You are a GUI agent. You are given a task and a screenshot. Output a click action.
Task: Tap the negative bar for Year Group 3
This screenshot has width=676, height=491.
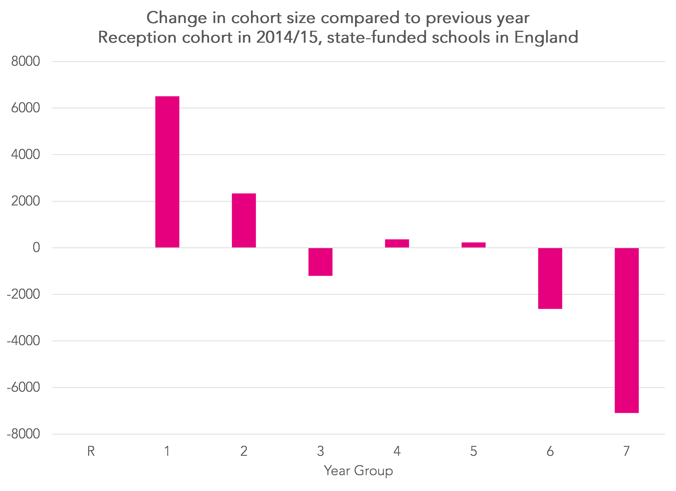pyautogui.click(x=320, y=262)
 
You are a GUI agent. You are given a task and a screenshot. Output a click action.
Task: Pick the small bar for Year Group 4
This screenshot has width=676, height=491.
pyautogui.click(x=397, y=243)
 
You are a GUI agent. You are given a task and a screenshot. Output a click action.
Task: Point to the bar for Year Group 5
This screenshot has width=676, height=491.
pyautogui.click(x=474, y=245)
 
